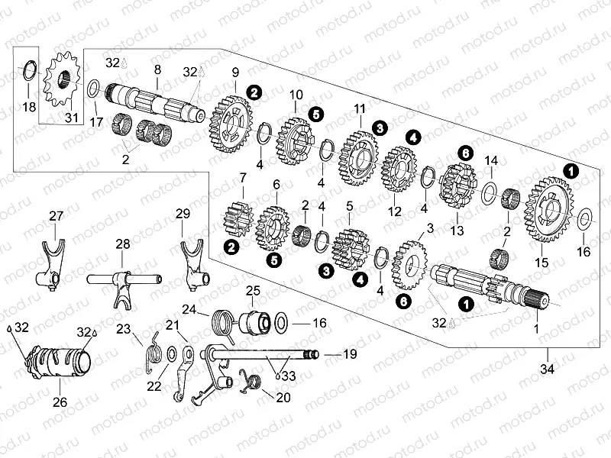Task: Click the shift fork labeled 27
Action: tap(53, 263)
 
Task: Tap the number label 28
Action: tap(123, 244)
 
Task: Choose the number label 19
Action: tap(350, 354)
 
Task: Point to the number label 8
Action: tap(157, 69)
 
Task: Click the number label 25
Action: tap(253, 290)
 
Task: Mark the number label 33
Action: tap(286, 376)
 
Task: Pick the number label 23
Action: tap(124, 329)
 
